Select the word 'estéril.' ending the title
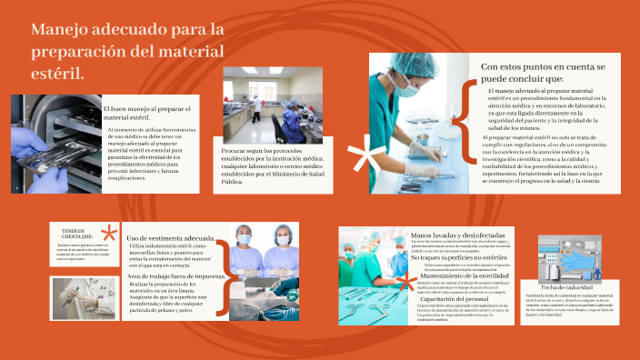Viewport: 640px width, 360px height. point(58,71)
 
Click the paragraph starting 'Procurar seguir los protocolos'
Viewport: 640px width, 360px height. point(265,165)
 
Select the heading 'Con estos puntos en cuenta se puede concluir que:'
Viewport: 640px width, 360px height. point(543,73)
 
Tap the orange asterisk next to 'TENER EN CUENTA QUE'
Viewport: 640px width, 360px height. point(108,234)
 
